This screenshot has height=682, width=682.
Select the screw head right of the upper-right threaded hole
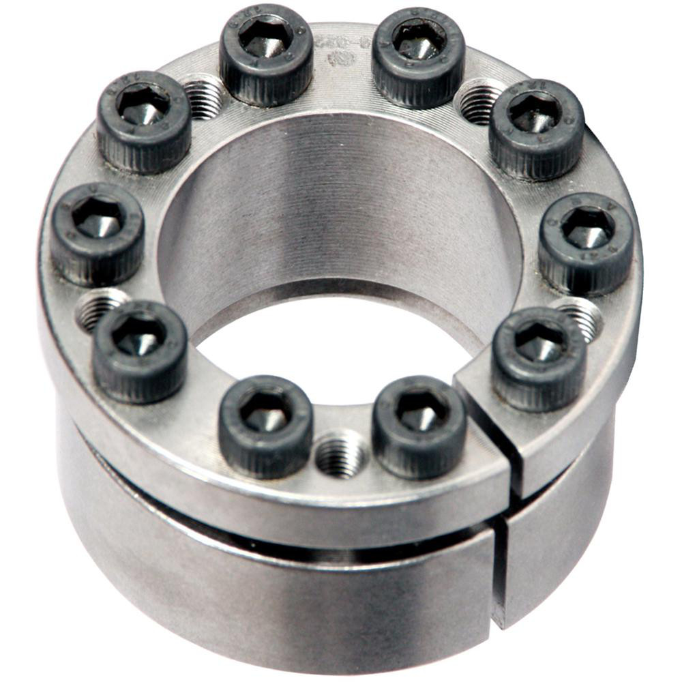pyautogui.click(x=536, y=130)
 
